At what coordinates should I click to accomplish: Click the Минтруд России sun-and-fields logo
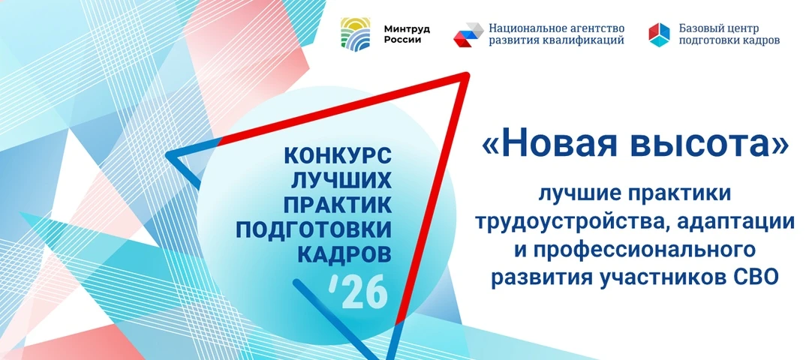[355, 33]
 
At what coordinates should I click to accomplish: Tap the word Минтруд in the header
[407, 28]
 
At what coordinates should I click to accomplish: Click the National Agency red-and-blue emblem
[468, 34]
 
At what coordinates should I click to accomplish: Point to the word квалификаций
[591, 40]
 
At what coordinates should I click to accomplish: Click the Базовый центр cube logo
[659, 34]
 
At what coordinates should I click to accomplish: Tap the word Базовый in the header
[699, 28]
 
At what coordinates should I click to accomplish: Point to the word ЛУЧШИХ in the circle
[342, 180]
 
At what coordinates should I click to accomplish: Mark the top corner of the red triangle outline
[466, 76]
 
